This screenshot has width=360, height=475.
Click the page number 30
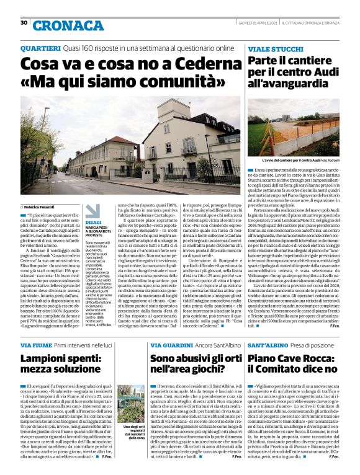[24, 23]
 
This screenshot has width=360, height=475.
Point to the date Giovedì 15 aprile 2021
[251, 22]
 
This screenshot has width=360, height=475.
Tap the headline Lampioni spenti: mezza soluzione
[68, 365]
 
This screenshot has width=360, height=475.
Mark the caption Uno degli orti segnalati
[133, 432]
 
